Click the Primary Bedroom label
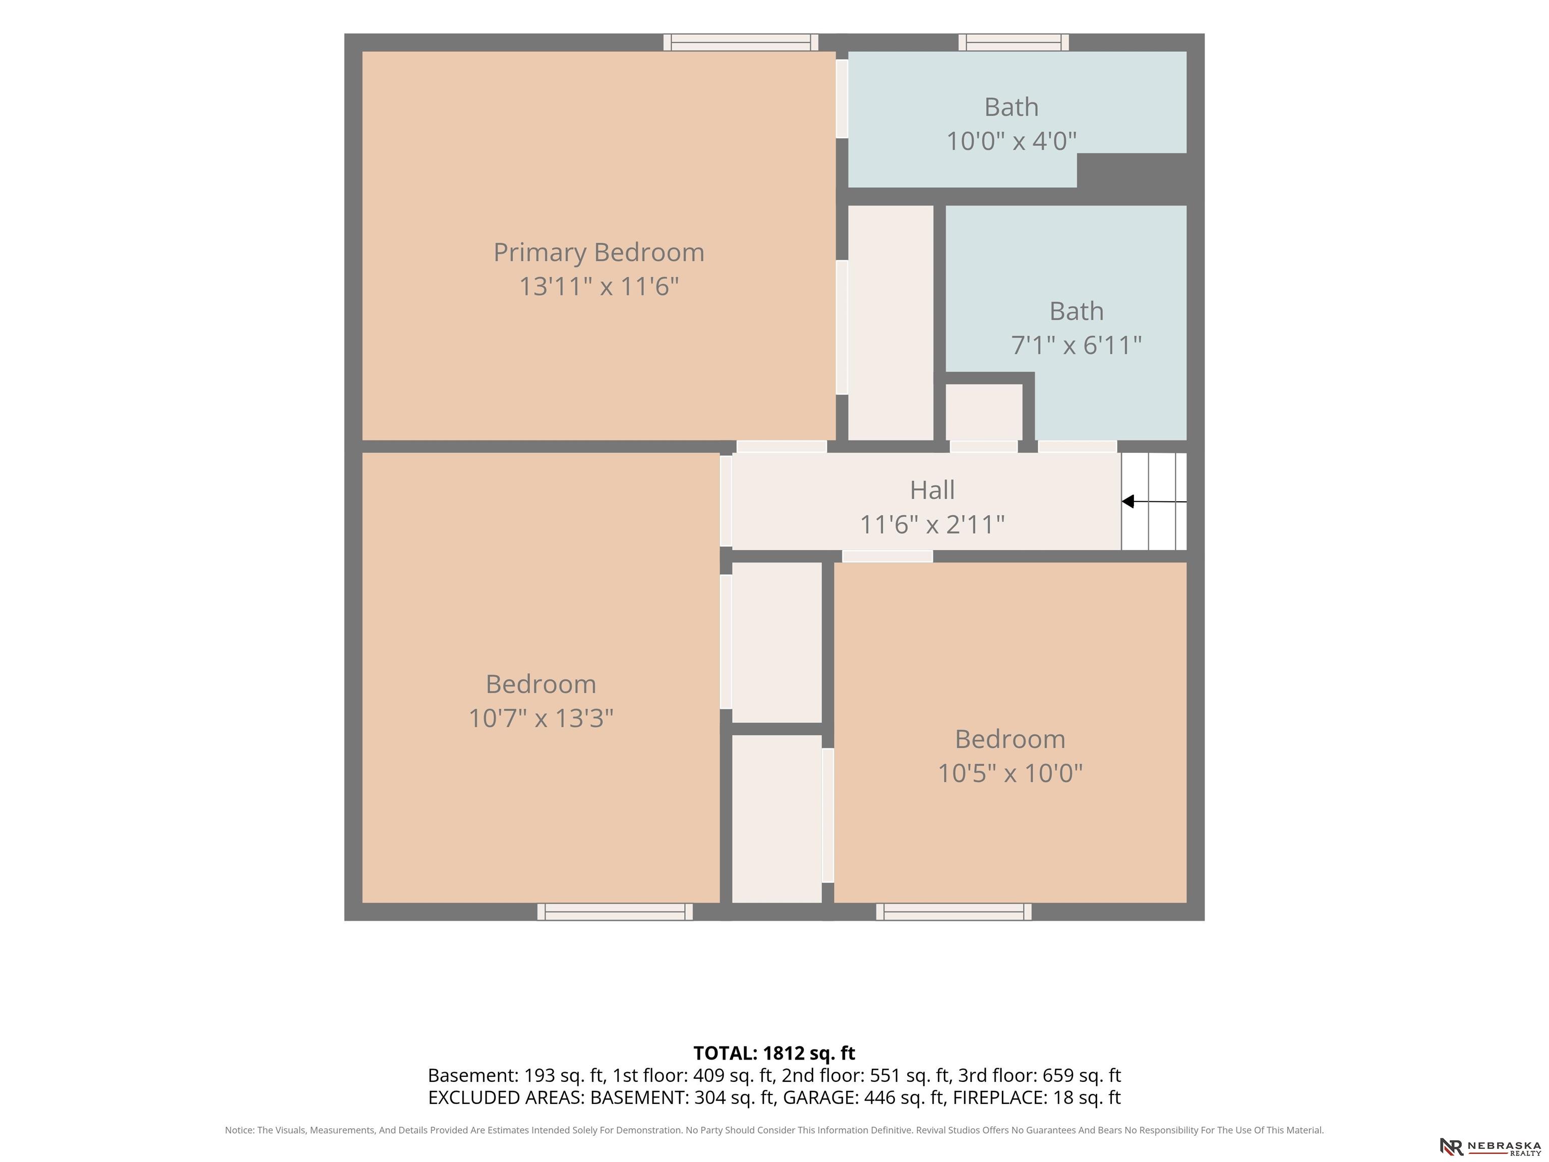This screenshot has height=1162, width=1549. [599, 253]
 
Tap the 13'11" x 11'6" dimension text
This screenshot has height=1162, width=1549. [599, 286]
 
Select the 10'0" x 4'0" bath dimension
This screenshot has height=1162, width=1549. [1011, 142]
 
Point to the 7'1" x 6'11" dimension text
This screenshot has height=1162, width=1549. [1077, 345]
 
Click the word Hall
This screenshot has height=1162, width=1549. [932, 490]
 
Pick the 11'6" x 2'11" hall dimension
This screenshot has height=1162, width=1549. [932, 525]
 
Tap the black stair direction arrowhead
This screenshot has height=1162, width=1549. [1128, 501]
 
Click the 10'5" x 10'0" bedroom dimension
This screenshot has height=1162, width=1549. [1010, 773]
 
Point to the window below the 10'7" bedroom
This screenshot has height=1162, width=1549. [615, 912]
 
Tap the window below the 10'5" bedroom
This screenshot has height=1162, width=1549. [954, 912]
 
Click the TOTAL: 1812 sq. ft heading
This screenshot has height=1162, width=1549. [774, 1054]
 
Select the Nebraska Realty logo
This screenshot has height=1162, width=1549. [1490, 1146]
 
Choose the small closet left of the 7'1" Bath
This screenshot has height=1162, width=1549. [984, 412]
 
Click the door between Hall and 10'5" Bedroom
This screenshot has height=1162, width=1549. [887, 556]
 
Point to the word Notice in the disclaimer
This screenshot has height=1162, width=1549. [239, 1130]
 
